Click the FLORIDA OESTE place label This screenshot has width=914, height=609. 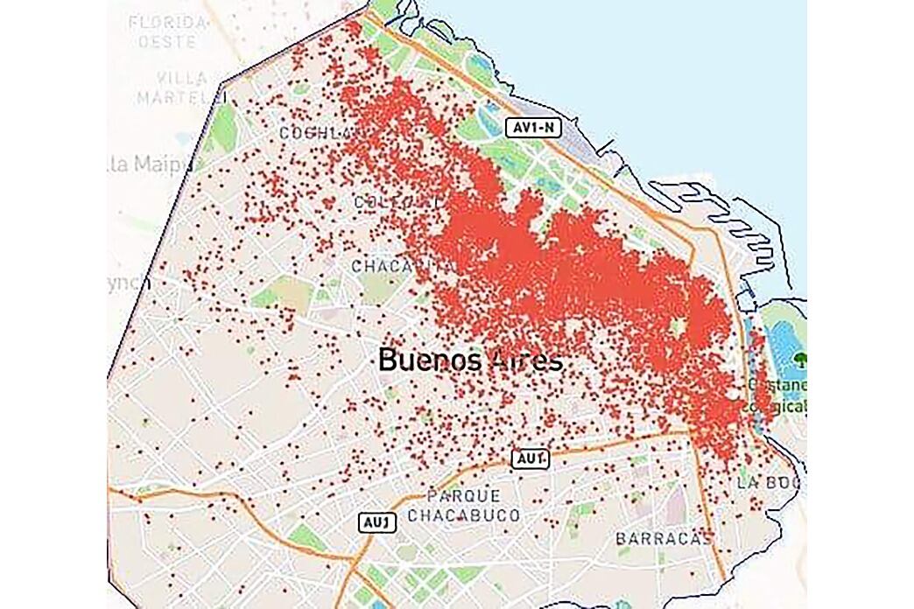tap(169, 29)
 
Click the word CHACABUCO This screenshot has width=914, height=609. tap(463, 514)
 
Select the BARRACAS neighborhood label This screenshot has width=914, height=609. tap(663, 537)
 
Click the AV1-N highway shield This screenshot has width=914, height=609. tap(533, 128)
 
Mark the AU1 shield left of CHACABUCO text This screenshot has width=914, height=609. tap(378, 522)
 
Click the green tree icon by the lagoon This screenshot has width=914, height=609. tap(798, 359)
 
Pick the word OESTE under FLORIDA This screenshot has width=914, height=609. tap(169, 40)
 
